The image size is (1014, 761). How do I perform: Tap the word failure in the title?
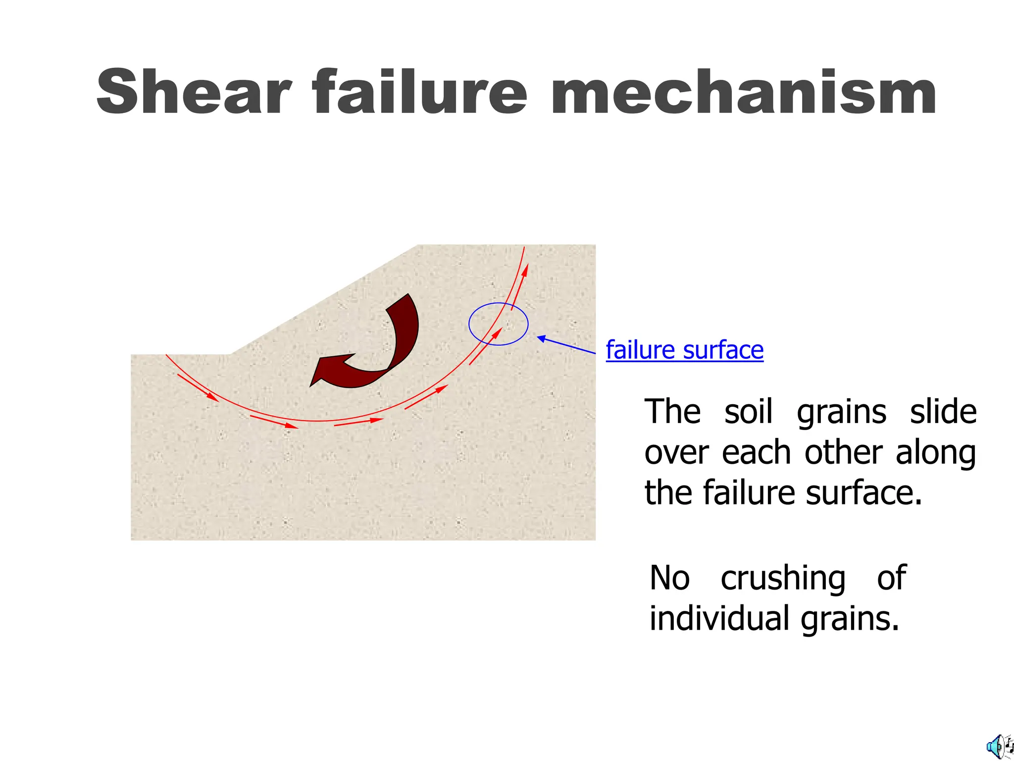point(420,93)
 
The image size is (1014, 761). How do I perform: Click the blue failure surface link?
point(684,350)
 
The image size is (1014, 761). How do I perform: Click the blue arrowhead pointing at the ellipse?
point(542,338)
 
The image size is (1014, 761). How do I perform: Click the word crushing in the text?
point(783,578)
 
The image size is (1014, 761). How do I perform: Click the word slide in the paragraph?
point(943,412)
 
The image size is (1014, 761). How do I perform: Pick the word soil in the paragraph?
point(748,412)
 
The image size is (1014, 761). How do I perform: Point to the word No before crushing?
point(669,578)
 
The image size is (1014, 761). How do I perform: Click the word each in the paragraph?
point(756,452)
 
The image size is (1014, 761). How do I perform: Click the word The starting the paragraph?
point(672,412)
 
